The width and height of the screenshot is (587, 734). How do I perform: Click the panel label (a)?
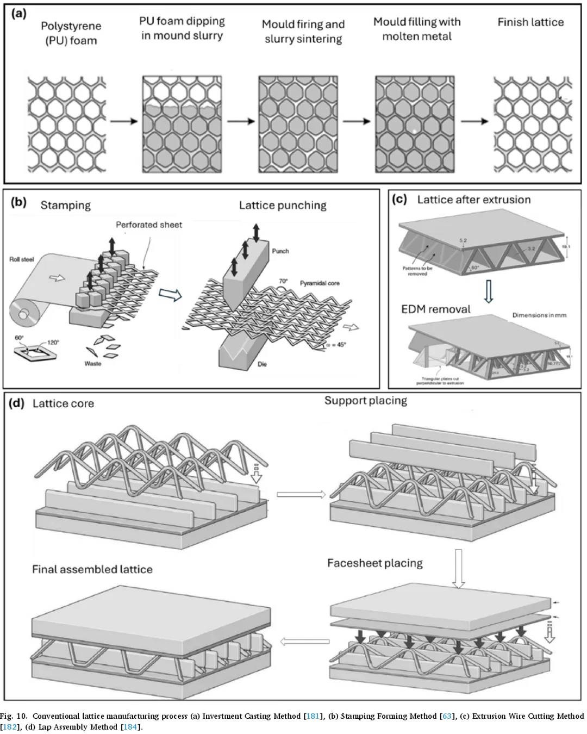[x=18, y=14]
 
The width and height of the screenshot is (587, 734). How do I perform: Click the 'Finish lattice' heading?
[x=530, y=22]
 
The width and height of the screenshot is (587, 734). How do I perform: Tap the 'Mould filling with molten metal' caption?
[x=417, y=29]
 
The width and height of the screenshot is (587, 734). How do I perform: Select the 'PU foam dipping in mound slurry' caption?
[x=182, y=28]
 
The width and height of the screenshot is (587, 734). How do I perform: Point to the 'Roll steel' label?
[x=22, y=259]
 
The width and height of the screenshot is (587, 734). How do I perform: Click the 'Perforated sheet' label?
[x=149, y=225]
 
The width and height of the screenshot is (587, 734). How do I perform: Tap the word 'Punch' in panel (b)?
[x=280, y=251]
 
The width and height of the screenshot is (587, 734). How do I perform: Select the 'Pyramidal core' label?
[x=320, y=283]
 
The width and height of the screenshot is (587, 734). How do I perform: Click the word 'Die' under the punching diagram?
[x=263, y=364]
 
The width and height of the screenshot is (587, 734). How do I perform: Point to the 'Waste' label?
[x=93, y=363]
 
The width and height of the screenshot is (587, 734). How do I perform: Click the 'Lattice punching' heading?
[x=283, y=205]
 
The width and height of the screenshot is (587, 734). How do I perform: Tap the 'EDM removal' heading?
[x=436, y=309]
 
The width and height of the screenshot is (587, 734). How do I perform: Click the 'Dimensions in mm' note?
[x=539, y=315]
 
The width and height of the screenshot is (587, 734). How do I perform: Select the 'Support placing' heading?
[x=366, y=401]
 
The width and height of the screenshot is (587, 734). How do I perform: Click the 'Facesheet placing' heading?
[x=375, y=563]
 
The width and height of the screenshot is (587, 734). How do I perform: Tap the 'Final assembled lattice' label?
[x=92, y=569]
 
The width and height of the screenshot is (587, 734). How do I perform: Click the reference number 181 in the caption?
[x=313, y=716]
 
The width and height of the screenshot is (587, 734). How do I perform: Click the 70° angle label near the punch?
[x=283, y=282]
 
